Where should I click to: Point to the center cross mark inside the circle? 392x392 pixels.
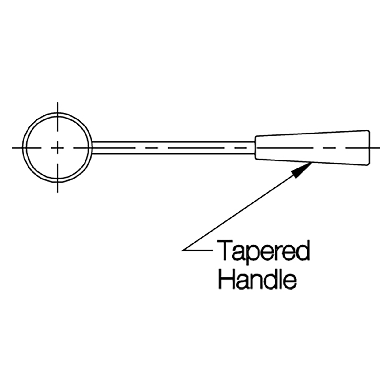click(x=58, y=148)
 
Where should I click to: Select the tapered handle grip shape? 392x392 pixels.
click(x=312, y=148)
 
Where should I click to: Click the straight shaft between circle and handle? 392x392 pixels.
click(x=173, y=148)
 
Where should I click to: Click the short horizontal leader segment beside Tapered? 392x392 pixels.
click(x=197, y=250)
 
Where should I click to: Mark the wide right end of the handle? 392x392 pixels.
click(x=369, y=148)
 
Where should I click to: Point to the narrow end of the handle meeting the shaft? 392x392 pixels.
click(x=255, y=148)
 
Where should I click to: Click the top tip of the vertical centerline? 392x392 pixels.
click(x=58, y=103)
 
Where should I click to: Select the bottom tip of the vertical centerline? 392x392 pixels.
click(x=58, y=192)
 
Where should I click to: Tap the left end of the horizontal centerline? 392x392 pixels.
click(x=13, y=148)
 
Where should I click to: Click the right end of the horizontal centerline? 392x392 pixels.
click(x=379, y=148)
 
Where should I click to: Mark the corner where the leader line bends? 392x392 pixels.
click(x=183, y=250)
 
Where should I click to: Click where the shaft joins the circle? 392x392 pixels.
click(x=92, y=148)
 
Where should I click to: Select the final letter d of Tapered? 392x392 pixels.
click(x=303, y=251)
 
